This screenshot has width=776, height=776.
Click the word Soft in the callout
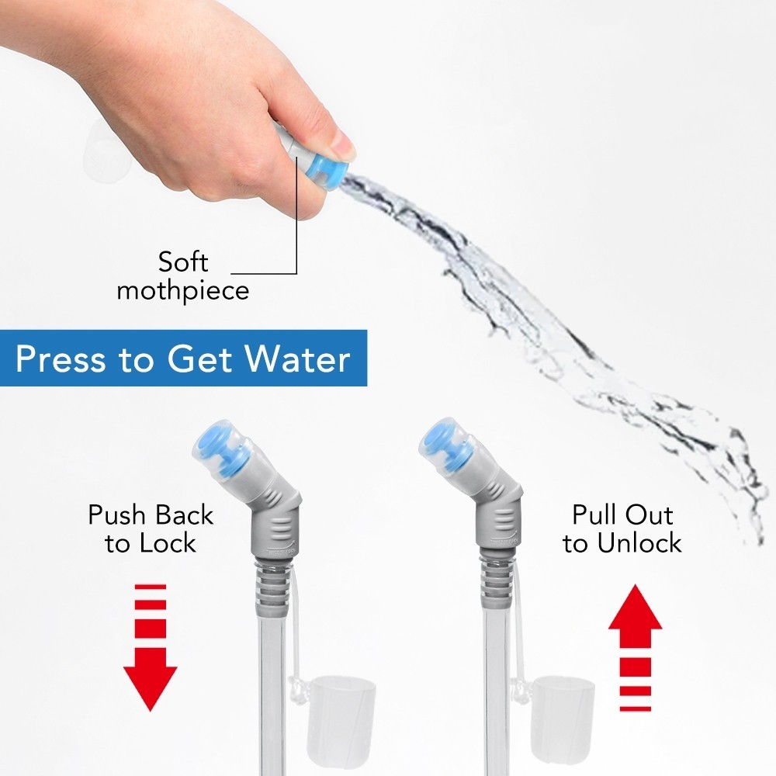pos(183,262)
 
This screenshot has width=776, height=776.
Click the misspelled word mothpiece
pos(183,290)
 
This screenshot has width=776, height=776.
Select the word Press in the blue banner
pos(61,359)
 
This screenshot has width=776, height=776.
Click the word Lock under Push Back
pos(168,543)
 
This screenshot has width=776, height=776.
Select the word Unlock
pos(639,543)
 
